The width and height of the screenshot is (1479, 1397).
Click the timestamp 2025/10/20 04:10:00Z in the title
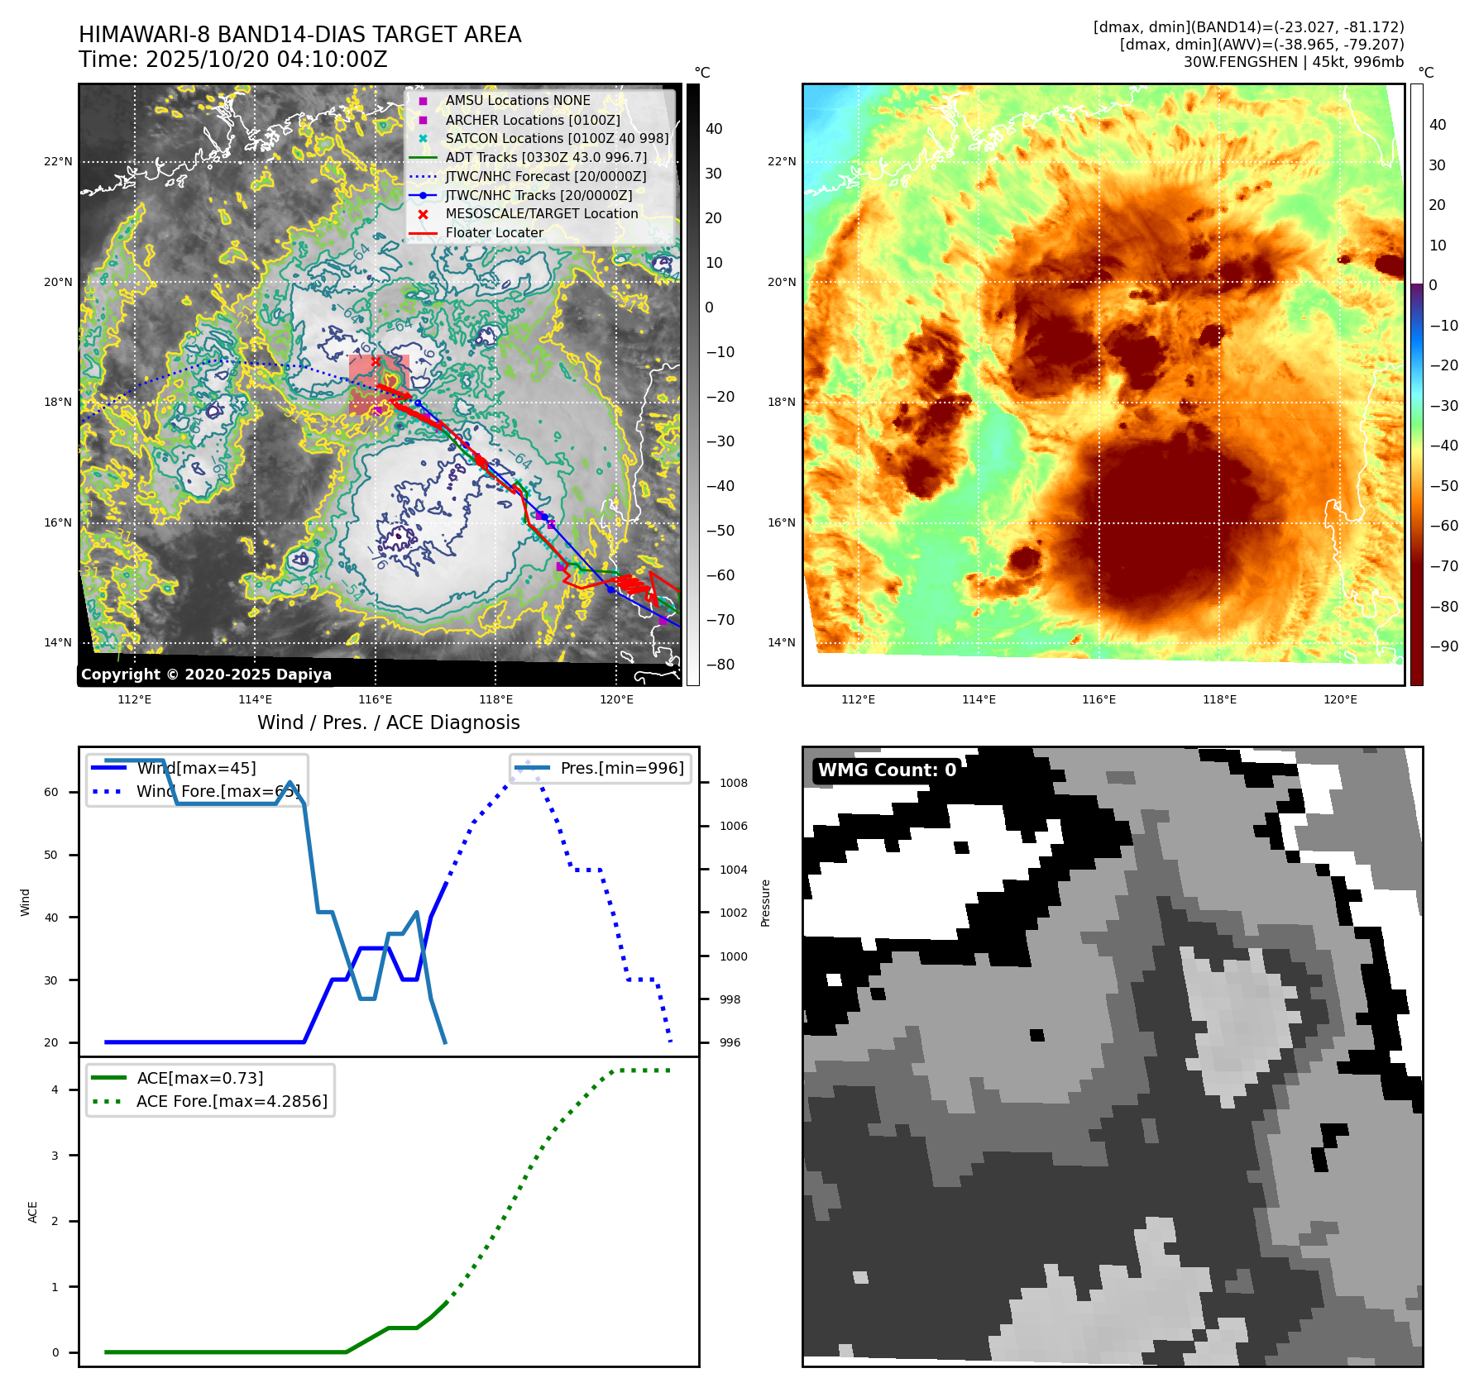(266, 60)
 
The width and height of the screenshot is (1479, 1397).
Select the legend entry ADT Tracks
(546, 157)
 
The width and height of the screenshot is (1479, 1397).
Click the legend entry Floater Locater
(494, 233)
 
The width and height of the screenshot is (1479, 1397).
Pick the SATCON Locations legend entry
(557, 138)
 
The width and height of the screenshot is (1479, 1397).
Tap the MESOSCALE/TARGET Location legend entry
(542, 214)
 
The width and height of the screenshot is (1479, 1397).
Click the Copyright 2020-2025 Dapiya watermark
(206, 675)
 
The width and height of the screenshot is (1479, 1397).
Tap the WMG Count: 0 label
(887, 770)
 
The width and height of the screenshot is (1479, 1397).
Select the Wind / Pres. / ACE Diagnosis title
(388, 722)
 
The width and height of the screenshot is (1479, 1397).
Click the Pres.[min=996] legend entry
(622, 769)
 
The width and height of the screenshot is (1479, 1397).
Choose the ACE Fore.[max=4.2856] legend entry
(232, 1101)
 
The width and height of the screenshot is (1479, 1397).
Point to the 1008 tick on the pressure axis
(733, 783)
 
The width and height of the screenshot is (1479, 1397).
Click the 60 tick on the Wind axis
(51, 792)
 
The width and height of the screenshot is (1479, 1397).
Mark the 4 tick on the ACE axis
(55, 1089)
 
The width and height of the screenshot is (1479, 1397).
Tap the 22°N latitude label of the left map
(58, 162)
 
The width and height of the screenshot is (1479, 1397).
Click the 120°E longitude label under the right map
(1340, 699)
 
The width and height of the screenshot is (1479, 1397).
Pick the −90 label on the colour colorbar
(1443, 646)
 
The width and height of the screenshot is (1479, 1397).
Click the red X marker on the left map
(376, 362)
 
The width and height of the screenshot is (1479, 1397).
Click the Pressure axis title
(766, 903)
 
